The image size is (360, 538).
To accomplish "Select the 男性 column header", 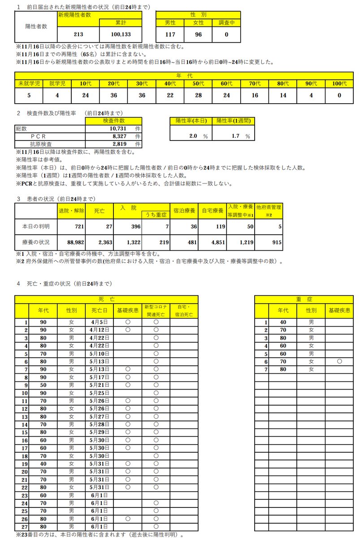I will [170, 22].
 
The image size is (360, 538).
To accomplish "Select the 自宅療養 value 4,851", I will [211, 242].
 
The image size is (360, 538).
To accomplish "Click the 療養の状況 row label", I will [35, 242].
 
